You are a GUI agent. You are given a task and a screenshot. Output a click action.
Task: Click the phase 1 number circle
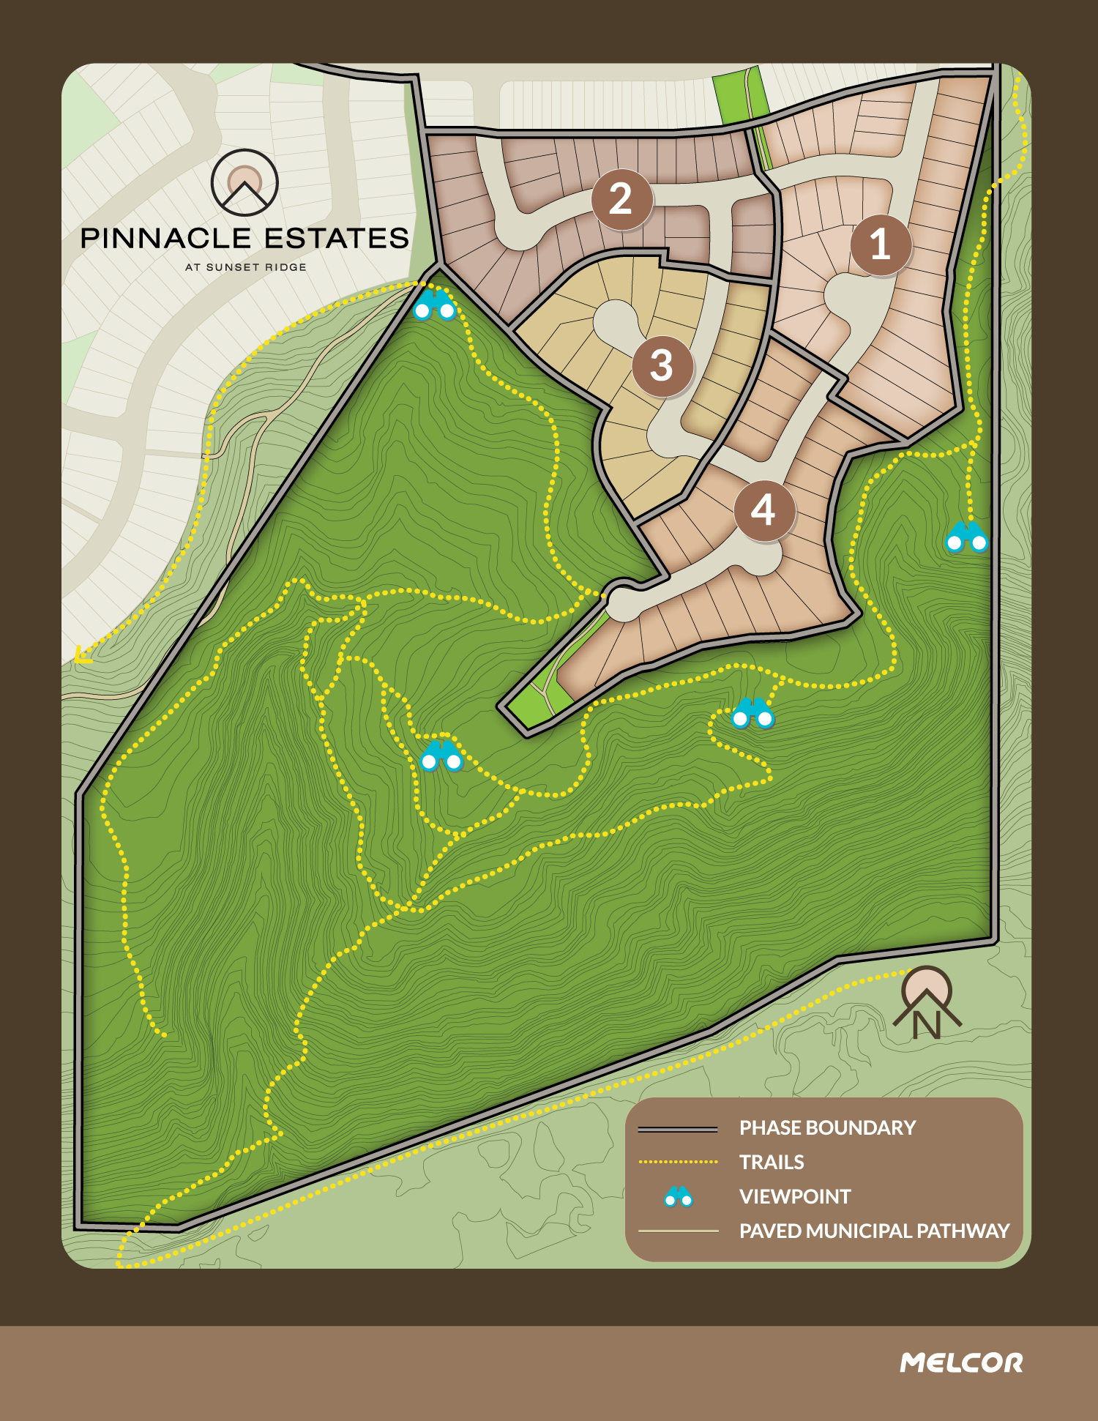pos(881,245)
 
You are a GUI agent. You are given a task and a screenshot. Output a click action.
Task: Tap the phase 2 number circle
pos(621,199)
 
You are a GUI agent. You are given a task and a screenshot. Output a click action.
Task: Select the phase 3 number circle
pos(662,366)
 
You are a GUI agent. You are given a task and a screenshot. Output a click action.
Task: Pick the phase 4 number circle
pos(764,510)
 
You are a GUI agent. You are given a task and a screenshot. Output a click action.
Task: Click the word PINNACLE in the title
pos(165,239)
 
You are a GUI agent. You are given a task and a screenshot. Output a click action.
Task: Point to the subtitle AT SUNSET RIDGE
pos(245,267)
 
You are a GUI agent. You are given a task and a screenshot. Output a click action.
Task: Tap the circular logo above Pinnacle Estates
pos(244,182)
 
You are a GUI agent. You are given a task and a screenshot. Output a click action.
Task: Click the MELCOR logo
pos(961,1362)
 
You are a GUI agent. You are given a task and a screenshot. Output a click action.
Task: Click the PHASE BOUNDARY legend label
pos(827,1127)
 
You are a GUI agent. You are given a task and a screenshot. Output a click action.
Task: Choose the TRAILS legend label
pos(772,1162)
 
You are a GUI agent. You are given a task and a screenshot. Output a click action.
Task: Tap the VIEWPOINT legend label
pos(795,1196)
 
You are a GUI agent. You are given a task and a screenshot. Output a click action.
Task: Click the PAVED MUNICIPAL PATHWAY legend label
pos(874,1231)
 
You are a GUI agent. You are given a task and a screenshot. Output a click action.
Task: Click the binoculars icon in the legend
pos(679,1196)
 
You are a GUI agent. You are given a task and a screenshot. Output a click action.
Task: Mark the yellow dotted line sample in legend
pos(678,1162)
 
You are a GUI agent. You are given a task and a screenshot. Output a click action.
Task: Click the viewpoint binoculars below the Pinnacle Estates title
pos(435,305)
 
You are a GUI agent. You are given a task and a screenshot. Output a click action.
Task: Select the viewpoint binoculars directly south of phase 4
pos(752,713)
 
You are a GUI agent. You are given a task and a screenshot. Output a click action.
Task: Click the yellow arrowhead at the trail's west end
pos(83,654)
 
